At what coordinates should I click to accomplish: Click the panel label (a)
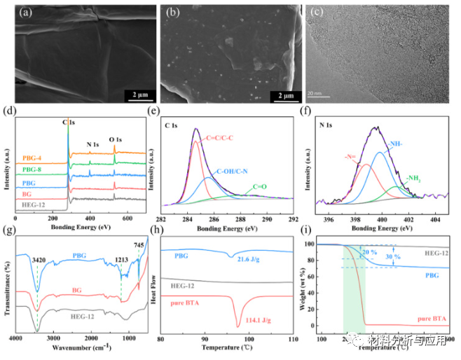(25, 13)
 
